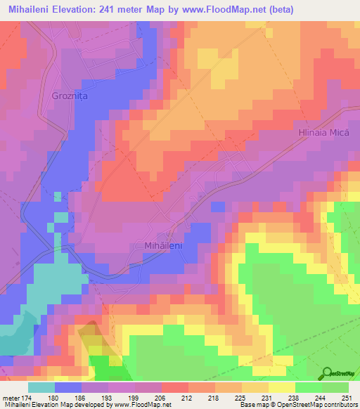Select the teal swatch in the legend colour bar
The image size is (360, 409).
pos(41,387)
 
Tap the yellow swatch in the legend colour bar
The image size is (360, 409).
pos(282,387)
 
